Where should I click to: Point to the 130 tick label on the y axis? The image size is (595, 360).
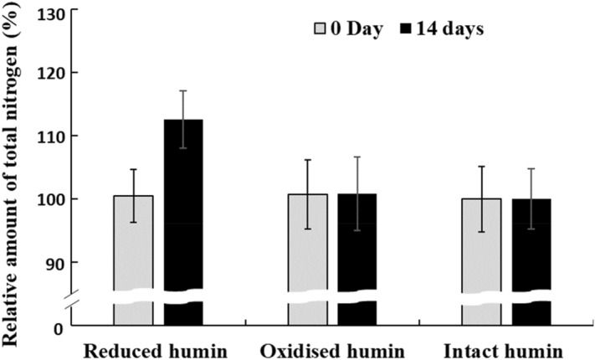(x=53, y=11)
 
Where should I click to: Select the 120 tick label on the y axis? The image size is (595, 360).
(x=53, y=73)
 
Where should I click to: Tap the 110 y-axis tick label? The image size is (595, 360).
(x=53, y=136)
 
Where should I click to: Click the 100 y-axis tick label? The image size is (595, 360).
(x=53, y=199)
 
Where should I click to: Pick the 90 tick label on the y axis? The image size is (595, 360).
(x=57, y=262)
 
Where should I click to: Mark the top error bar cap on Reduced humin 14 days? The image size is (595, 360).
(x=183, y=90)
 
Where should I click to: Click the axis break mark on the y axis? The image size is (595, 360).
(x=73, y=296)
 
